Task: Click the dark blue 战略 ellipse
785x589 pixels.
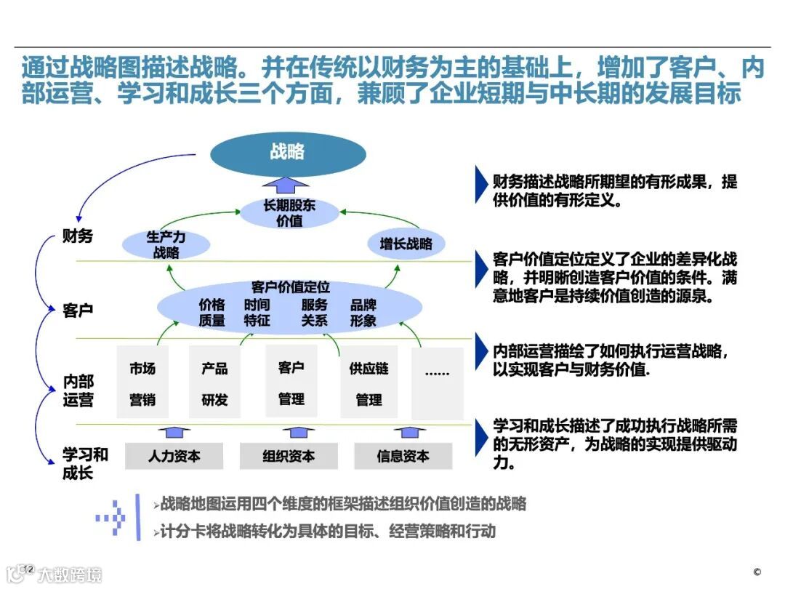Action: pyautogui.click(x=288, y=152)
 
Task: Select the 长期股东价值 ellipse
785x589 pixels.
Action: pyautogui.click(x=290, y=212)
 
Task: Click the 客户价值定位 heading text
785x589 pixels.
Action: pyautogui.click(x=290, y=287)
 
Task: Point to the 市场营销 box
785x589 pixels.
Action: pyautogui.click(x=142, y=382)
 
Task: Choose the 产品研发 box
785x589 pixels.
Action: pyautogui.click(x=214, y=382)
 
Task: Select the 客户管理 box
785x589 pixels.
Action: pyautogui.click(x=291, y=382)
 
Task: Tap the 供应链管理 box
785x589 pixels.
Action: pyautogui.click(x=369, y=382)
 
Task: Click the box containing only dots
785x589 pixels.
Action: pyautogui.click(x=437, y=382)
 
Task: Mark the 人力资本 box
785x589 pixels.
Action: pyautogui.click(x=174, y=456)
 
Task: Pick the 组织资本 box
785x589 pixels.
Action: pyautogui.click(x=289, y=456)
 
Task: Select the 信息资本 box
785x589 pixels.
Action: pyautogui.click(x=403, y=456)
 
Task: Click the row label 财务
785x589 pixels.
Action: pyautogui.click(x=78, y=236)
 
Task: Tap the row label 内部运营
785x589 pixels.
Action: pyautogui.click(x=78, y=390)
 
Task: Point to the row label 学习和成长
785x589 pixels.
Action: pyautogui.click(x=85, y=464)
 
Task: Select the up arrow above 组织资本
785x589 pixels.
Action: pyautogui.click(x=289, y=433)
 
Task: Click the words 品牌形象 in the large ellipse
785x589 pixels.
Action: pyautogui.click(x=363, y=313)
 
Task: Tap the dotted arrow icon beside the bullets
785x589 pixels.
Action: pyautogui.click(x=110, y=517)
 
